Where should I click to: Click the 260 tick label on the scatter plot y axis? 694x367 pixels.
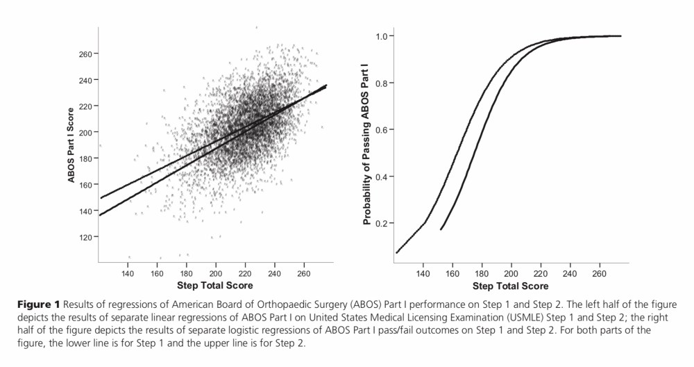pos(87,54)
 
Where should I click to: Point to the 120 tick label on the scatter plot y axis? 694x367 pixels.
pos(87,237)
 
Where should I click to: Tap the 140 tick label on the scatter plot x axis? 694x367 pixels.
pos(128,273)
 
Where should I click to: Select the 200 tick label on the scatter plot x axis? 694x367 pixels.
pos(216,273)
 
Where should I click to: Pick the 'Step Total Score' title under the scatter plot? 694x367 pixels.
pos(215,286)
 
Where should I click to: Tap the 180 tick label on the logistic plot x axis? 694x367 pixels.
pos(482,274)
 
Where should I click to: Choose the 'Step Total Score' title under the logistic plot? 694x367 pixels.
pos(510,286)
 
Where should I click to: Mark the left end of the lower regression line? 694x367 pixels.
pos(100,215)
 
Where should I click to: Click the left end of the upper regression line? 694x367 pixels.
pos(100,198)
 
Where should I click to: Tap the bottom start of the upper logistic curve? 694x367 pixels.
pos(396,253)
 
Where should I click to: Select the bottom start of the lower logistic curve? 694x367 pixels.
pos(441,229)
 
